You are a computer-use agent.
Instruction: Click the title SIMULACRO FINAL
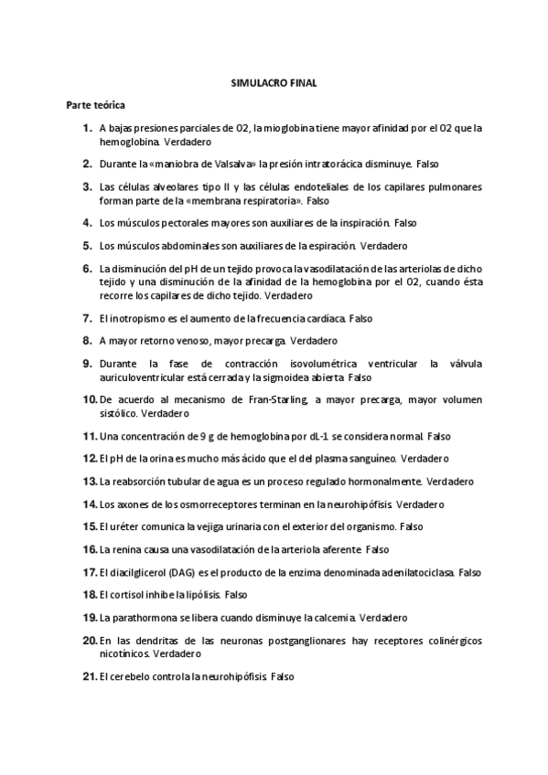(x=274, y=83)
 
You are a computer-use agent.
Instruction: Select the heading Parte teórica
(x=96, y=106)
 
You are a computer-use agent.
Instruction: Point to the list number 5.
(x=88, y=246)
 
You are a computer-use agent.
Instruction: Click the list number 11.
(x=90, y=436)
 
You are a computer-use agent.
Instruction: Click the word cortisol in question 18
(x=127, y=595)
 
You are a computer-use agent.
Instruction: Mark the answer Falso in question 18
(x=236, y=595)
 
